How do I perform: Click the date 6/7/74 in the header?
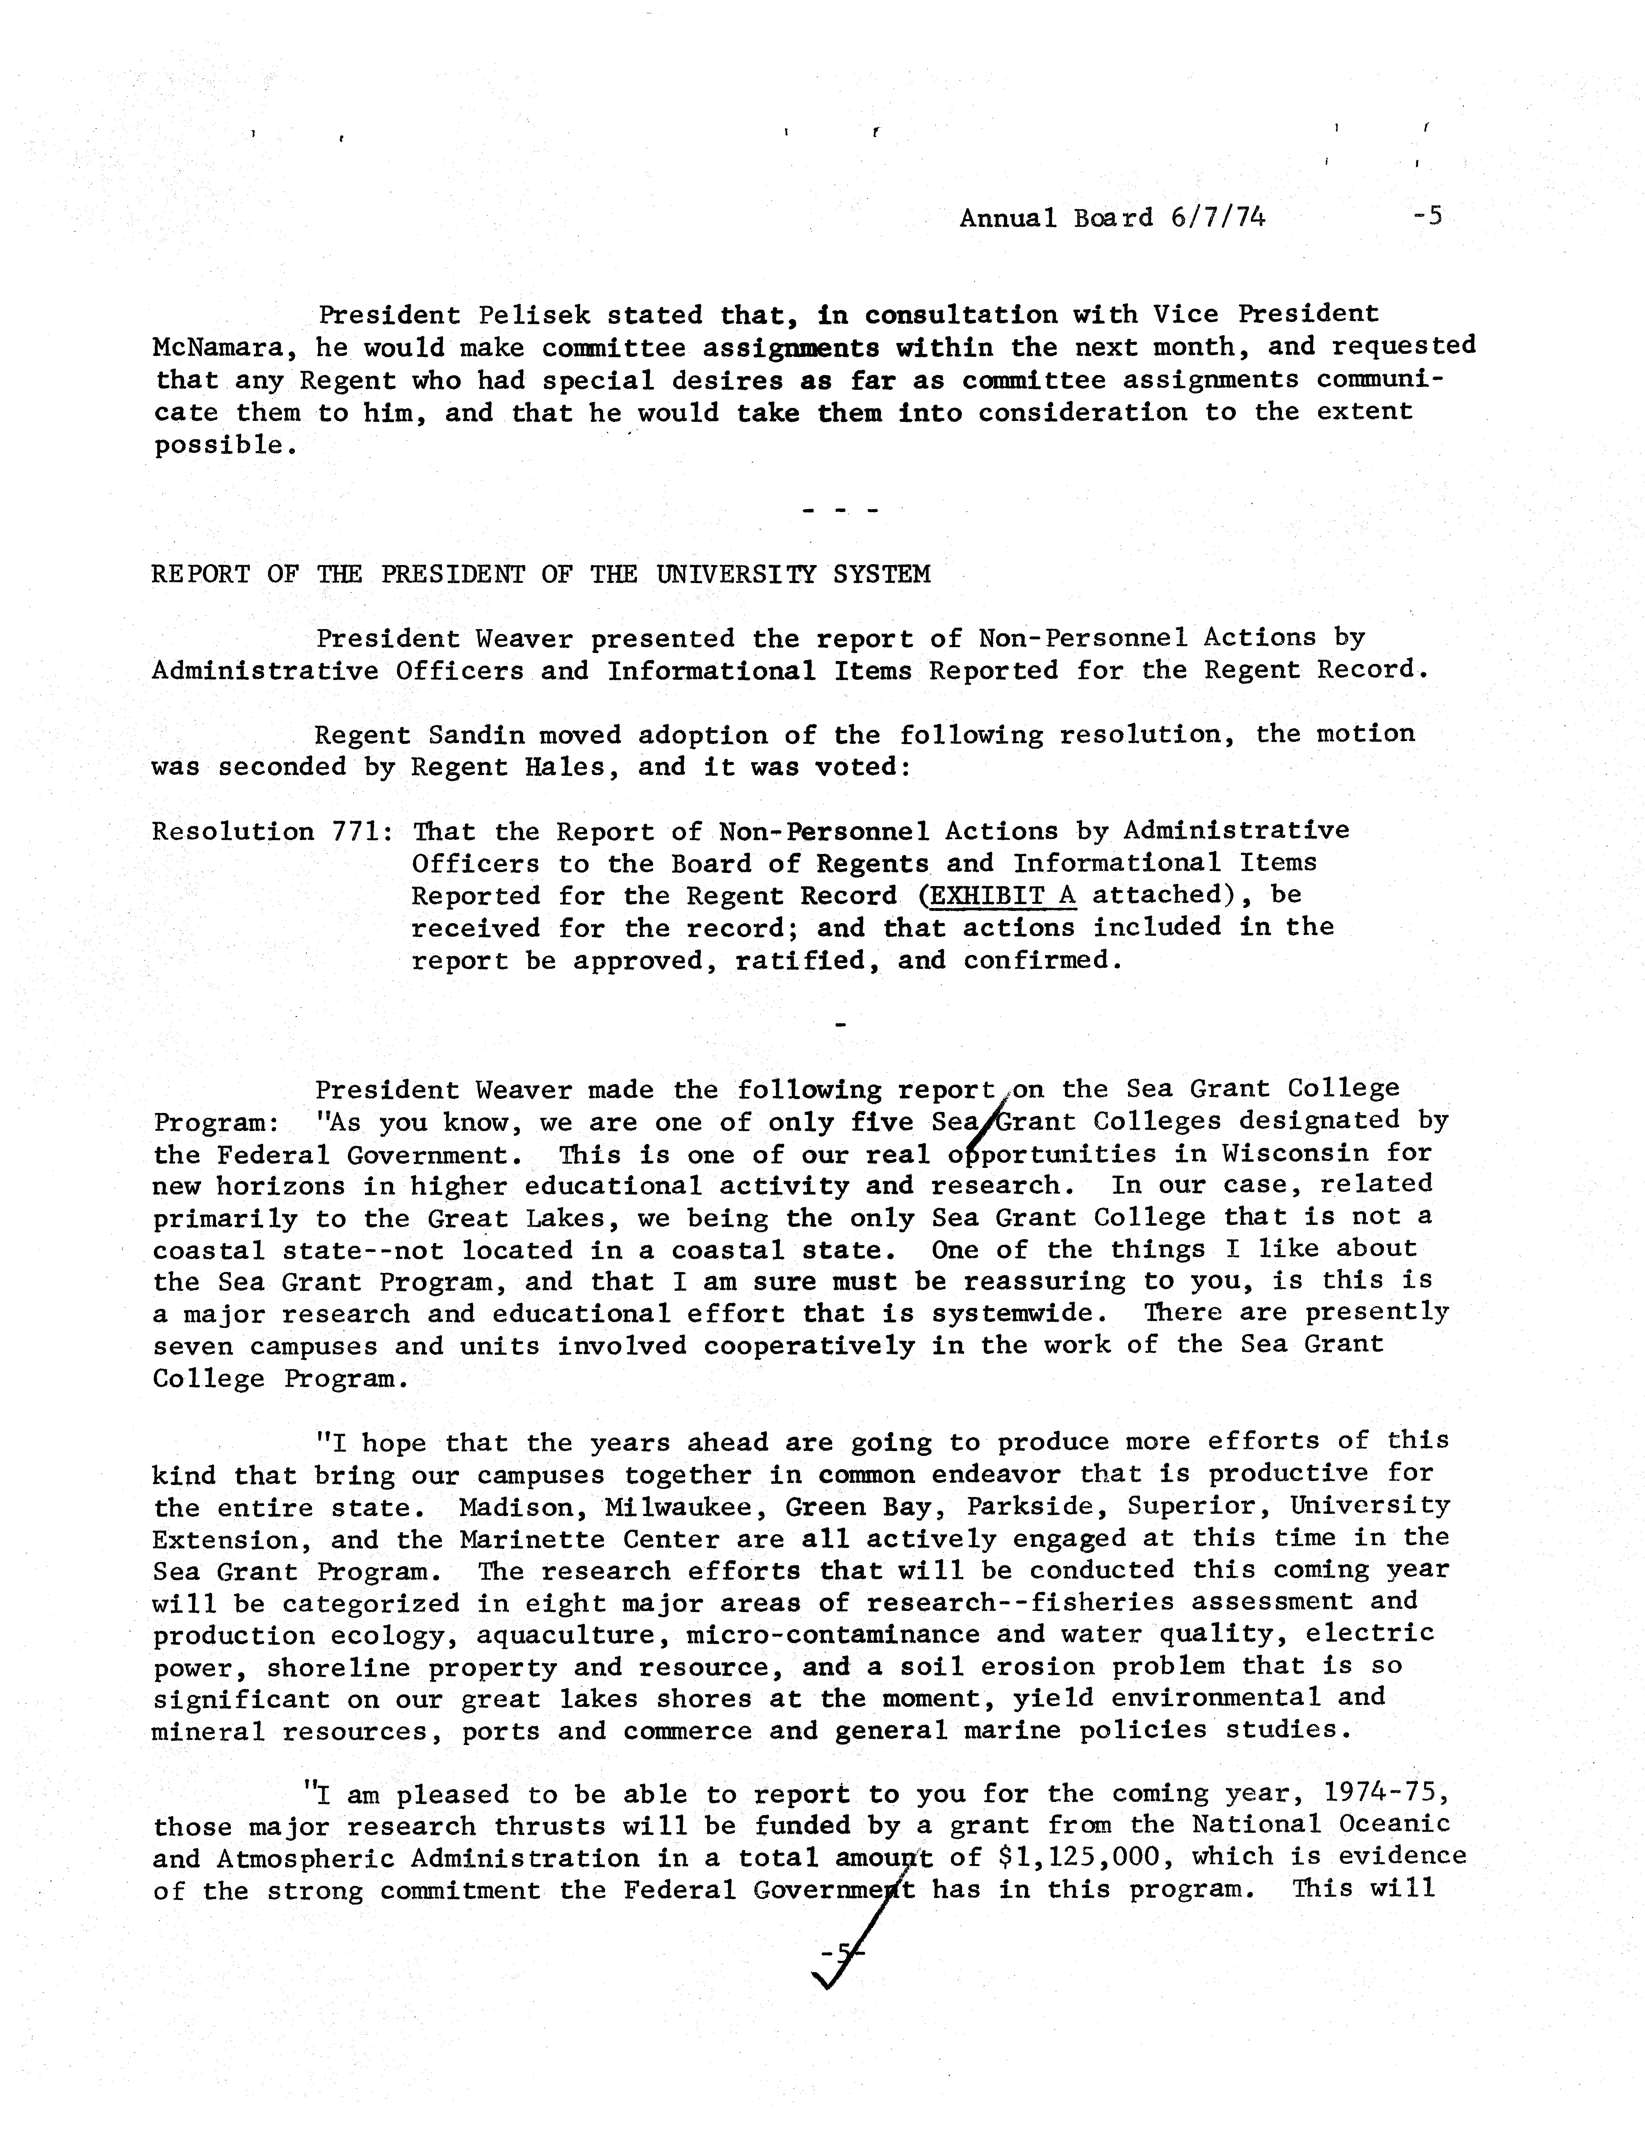tap(1217, 217)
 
